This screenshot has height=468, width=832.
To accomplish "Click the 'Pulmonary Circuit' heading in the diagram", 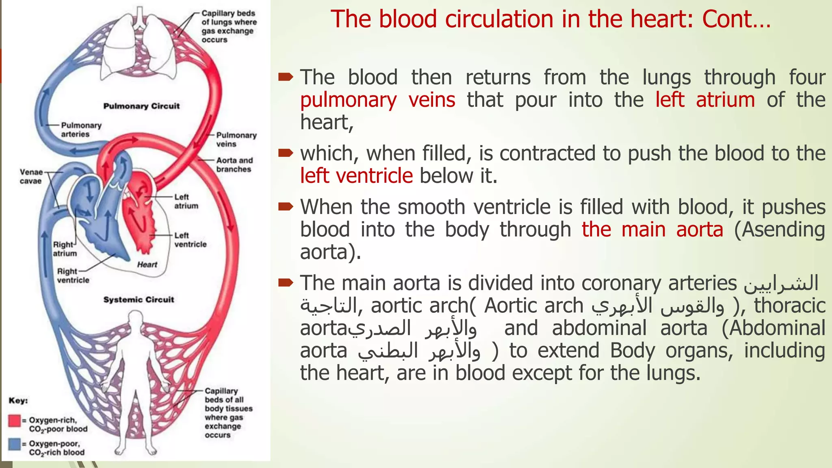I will (x=141, y=106).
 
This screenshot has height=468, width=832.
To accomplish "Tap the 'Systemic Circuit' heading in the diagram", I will (x=139, y=299).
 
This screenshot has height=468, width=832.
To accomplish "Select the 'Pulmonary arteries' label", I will (x=81, y=130).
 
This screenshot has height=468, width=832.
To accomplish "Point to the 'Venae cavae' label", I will (x=31, y=176).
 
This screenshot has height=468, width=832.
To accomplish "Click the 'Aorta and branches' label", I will (x=234, y=165).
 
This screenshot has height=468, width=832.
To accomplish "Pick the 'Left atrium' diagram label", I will (x=186, y=201).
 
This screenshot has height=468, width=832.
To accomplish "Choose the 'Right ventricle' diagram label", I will (x=73, y=275).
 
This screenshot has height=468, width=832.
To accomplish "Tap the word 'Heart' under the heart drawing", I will (x=147, y=264).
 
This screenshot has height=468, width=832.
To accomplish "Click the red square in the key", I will (x=15, y=420).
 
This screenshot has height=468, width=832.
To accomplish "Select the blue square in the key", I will (x=15, y=444).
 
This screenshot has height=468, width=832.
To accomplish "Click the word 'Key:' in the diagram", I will (x=18, y=401).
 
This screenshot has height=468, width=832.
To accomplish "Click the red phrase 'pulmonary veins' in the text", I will (x=377, y=100).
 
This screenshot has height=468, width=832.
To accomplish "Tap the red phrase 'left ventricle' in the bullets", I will (x=356, y=176).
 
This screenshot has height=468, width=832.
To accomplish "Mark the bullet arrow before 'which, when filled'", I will (x=286, y=153).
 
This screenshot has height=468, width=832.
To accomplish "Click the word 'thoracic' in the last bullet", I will (x=790, y=305).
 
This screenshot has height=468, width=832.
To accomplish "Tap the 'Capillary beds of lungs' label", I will (x=229, y=26).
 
